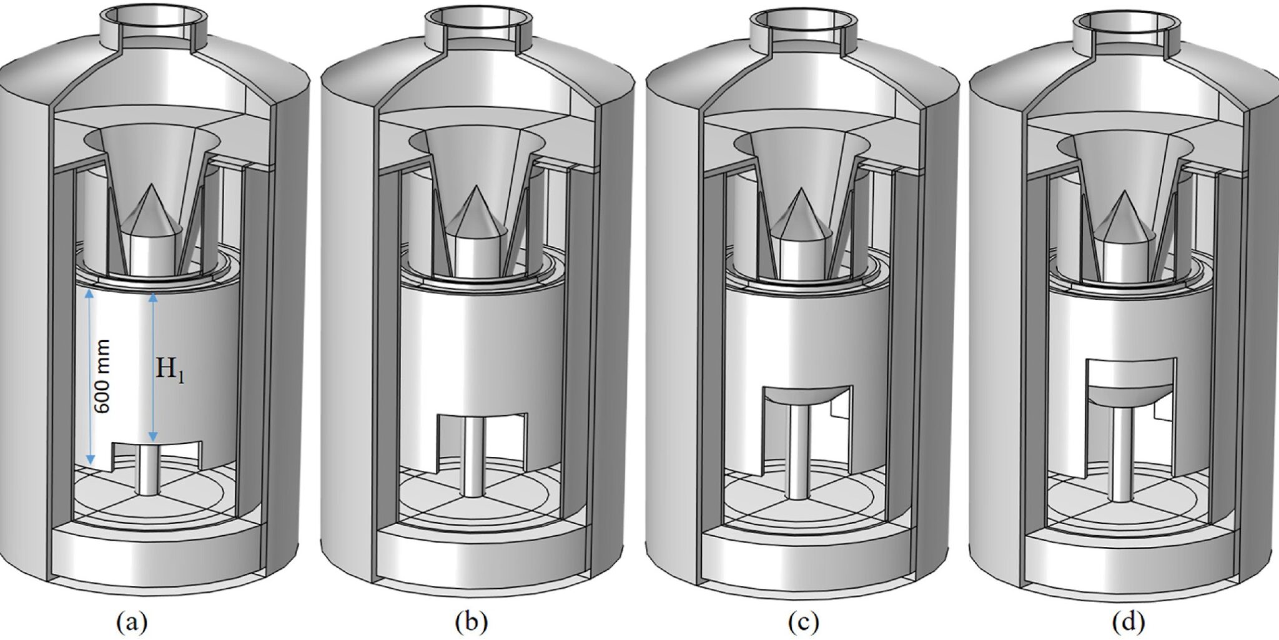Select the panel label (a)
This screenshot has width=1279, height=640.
132,623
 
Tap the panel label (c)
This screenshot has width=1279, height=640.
802,623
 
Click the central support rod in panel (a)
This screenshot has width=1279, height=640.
149,468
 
